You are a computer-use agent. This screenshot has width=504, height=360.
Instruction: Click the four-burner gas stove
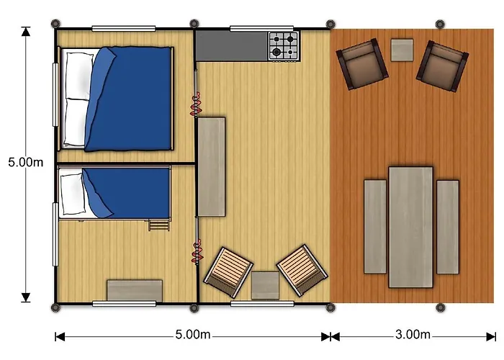tap(284, 45)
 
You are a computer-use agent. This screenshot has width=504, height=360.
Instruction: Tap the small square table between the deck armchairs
tap(402, 50)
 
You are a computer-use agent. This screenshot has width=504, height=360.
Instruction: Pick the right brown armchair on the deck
tap(443, 66)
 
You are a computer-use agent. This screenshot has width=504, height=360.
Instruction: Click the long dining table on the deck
tap(410, 227)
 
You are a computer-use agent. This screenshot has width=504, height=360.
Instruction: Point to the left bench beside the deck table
tap(375, 227)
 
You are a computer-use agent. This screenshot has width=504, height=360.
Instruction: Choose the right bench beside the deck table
tap(448, 227)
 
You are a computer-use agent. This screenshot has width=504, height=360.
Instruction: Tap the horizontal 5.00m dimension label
tap(193, 336)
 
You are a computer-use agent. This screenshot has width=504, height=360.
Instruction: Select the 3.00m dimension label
tap(413, 336)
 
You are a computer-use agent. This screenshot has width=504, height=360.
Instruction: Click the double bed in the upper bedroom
tap(119, 99)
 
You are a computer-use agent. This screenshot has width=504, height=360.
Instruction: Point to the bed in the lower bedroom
tap(115, 192)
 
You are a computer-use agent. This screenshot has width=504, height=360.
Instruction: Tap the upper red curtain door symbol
tap(194, 106)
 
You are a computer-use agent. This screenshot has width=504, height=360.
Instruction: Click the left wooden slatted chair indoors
tap(228, 271)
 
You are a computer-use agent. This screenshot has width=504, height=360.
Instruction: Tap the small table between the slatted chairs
tap(265, 285)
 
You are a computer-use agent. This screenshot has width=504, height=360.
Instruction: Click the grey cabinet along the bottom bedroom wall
tap(135, 290)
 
